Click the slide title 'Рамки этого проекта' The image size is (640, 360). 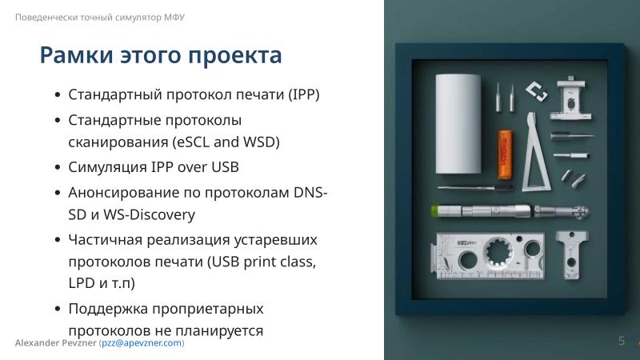tap(160, 55)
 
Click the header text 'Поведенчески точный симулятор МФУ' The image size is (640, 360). tap(100, 17)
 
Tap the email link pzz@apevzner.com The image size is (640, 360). tap(142, 342)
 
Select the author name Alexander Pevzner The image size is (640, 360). tap(55, 342)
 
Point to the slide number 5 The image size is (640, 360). tap(621, 342)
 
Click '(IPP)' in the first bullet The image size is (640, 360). tap(303, 94)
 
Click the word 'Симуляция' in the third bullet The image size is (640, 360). tap(107, 167)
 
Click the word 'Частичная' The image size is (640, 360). tap(102, 239)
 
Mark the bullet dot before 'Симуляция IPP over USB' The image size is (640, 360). tap(58, 168)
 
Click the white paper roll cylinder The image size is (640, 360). tap(457, 124)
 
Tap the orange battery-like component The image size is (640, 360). tap(504, 154)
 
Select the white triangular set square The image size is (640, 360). tap(534, 156)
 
